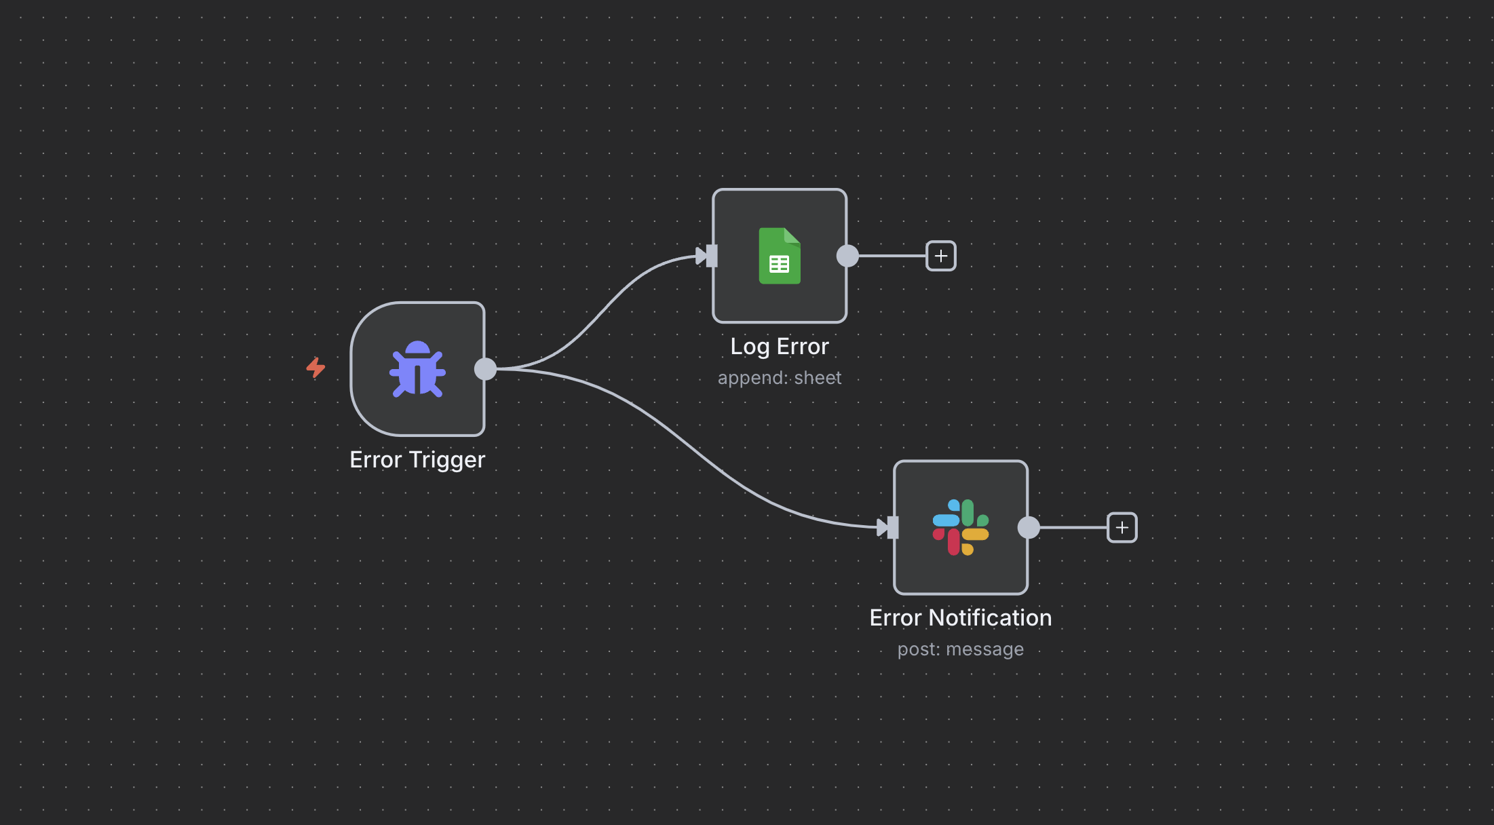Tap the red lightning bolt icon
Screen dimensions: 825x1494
pyautogui.click(x=315, y=368)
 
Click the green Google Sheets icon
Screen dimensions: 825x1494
pyautogui.click(x=780, y=256)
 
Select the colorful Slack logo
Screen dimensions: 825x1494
pyautogui.click(x=961, y=527)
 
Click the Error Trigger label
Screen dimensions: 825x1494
pyautogui.click(x=417, y=460)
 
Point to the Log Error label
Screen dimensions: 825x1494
pyautogui.click(x=780, y=347)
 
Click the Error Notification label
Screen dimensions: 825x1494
pyautogui.click(x=961, y=618)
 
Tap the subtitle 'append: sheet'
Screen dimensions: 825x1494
pyautogui.click(x=780, y=378)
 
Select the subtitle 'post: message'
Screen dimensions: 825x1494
pyautogui.click(x=961, y=649)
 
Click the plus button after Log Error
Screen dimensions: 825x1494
pyautogui.click(x=941, y=256)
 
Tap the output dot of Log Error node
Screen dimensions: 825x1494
pyautogui.click(x=847, y=256)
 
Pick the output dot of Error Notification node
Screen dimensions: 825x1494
pyautogui.click(x=1029, y=527)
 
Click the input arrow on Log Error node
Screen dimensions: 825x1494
pyautogui.click(x=706, y=256)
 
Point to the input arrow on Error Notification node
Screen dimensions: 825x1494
pyautogui.click(x=887, y=527)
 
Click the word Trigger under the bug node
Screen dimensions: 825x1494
pyautogui.click(x=446, y=460)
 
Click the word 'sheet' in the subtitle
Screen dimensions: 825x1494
pyautogui.click(x=818, y=378)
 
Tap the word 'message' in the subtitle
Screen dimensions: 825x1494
pyautogui.click(x=984, y=649)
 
